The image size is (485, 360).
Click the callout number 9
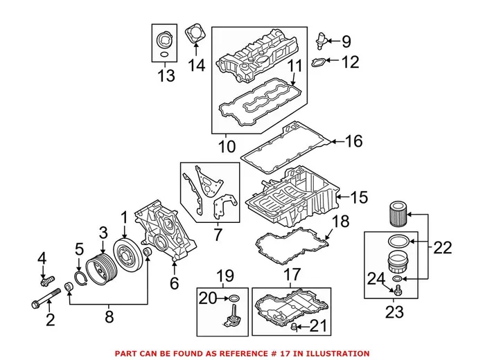coord(346,42)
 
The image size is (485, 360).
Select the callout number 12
coord(351,63)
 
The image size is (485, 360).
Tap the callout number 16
coord(353,142)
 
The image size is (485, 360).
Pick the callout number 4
coord(42,260)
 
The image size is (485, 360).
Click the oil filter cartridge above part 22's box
coord(396,211)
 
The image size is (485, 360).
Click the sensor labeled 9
coord(321,37)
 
